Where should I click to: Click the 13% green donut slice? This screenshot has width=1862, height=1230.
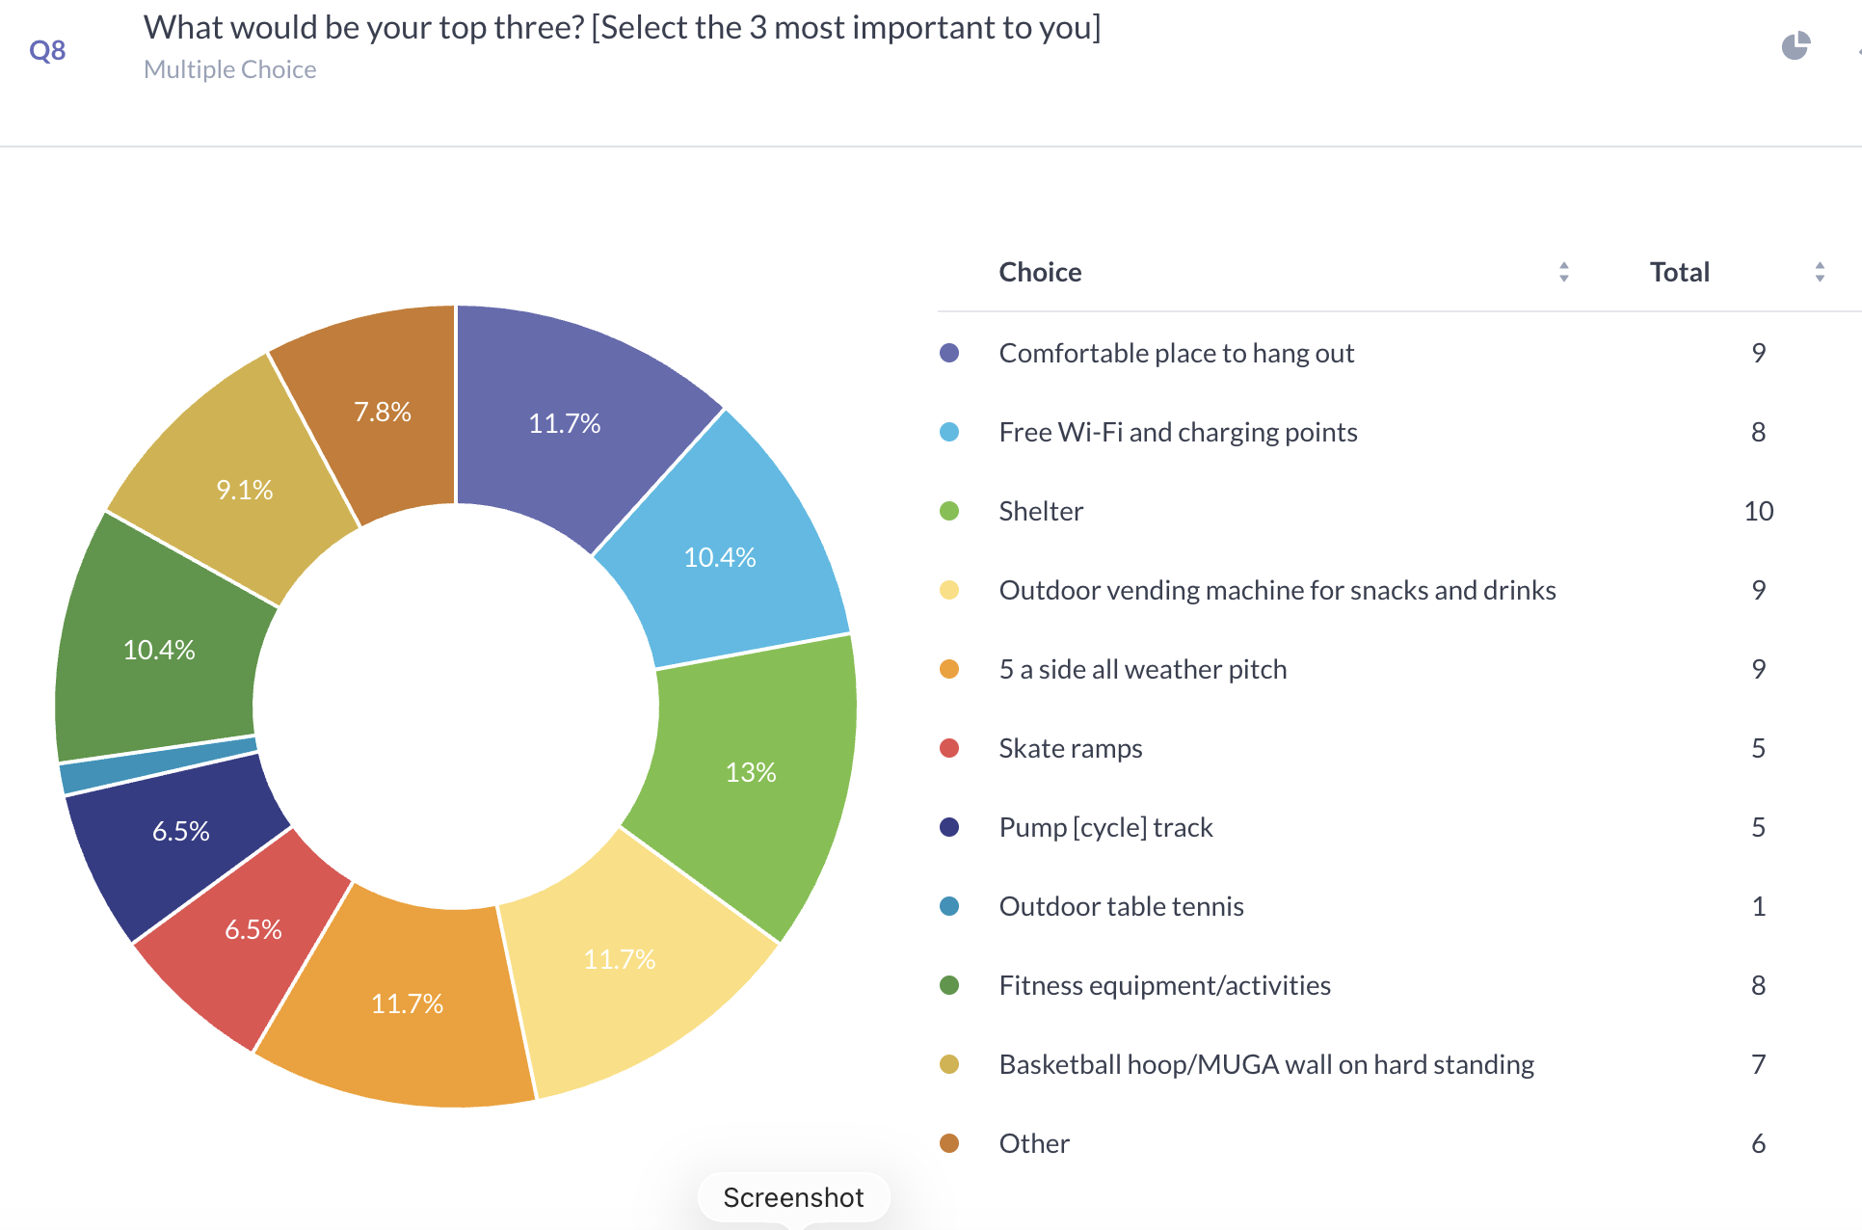coord(752,771)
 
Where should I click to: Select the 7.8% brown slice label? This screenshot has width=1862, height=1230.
coord(383,412)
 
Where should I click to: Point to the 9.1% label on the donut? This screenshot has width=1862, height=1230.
coord(245,490)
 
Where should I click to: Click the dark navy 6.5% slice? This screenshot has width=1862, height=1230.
coord(180,831)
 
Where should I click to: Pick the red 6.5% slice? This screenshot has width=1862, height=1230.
coord(253,929)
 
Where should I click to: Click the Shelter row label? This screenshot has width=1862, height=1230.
coord(1041,511)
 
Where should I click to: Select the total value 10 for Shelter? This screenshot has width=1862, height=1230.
coord(1758,511)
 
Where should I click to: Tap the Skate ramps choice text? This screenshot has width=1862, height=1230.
coord(1070,748)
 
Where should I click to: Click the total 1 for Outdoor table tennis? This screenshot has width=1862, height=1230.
coord(1758,906)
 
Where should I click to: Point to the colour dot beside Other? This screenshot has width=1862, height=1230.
coord(949,1143)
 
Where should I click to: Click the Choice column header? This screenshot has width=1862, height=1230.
coord(1040,272)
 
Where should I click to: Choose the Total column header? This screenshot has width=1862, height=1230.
coord(1679,272)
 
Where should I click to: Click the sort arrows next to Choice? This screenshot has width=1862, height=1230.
coord(1563,272)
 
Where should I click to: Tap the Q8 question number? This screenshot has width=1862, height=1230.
coord(47,50)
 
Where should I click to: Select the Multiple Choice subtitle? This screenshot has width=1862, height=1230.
coord(229,69)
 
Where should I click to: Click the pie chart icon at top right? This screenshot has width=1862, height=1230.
coord(1795,45)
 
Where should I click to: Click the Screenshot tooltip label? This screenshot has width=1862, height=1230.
coord(793,1197)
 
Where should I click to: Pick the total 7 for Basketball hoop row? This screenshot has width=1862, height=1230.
coord(1758,1064)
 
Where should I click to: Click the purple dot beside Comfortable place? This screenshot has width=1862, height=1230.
coord(949,353)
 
